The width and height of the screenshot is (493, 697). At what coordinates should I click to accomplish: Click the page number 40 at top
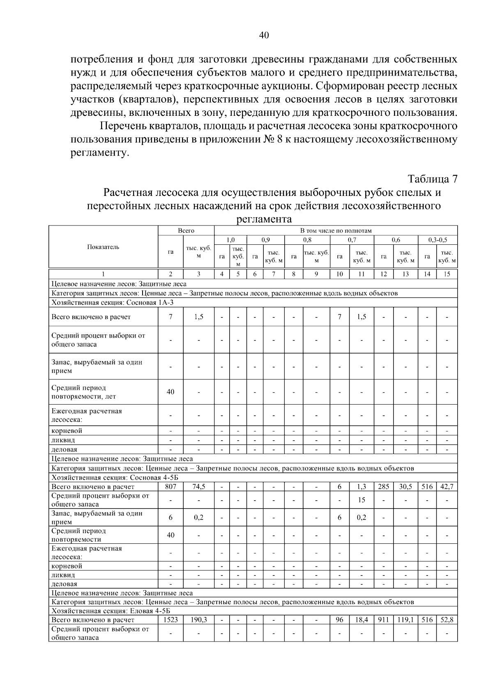click(264, 36)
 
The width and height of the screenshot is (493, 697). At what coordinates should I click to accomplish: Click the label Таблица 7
click(432, 179)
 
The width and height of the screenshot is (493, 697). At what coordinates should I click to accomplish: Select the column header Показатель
click(103, 247)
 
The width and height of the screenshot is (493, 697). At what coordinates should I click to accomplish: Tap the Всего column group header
click(186, 230)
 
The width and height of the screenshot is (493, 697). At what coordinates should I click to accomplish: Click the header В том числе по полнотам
click(336, 230)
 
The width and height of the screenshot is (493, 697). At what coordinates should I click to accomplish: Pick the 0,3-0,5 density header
click(437, 239)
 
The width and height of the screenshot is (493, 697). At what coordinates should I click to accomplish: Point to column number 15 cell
click(447, 274)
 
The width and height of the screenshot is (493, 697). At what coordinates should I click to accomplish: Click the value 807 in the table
click(170, 486)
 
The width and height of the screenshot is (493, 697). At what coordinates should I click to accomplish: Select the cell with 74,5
click(198, 486)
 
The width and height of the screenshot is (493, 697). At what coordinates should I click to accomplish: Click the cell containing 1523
click(170, 620)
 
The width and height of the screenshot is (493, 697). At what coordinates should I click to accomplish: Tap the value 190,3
click(198, 620)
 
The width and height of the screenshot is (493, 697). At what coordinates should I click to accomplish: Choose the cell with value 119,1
click(405, 620)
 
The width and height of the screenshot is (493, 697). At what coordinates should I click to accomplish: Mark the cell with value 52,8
click(447, 620)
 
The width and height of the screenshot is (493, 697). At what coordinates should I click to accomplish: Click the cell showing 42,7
click(447, 486)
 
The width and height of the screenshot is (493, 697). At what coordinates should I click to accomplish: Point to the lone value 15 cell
click(361, 500)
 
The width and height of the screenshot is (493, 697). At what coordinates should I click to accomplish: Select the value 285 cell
click(383, 486)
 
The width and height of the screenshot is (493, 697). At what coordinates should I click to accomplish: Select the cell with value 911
click(383, 620)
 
